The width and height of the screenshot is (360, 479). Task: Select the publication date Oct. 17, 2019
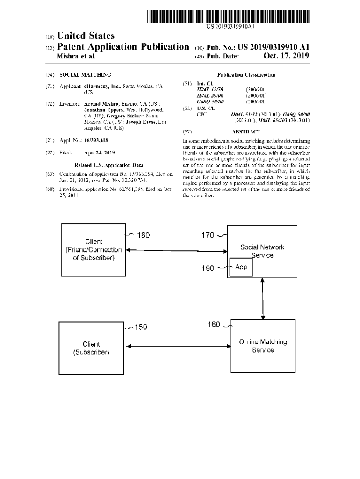286,56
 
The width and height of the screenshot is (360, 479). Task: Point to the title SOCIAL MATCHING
86,75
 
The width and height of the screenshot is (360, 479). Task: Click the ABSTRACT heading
246,132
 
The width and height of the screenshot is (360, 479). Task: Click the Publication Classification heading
246,75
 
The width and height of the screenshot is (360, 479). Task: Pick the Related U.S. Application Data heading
108,165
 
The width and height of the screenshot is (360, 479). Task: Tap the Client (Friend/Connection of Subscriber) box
94,249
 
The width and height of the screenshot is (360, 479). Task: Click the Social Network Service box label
262,251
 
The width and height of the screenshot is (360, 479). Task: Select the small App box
240,267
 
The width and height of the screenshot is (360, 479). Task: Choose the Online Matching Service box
263,346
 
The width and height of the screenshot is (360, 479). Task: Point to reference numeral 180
144,235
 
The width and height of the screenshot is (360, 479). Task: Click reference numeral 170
208,235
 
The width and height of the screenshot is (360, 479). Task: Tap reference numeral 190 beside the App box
208,268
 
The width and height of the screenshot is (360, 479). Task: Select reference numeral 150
141,327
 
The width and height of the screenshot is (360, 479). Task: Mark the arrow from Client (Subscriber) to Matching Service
178,346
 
